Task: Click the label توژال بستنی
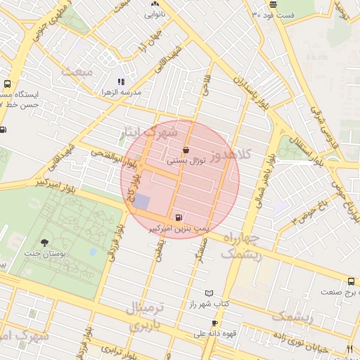(x=185, y=161)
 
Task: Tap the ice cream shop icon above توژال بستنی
(x=185, y=150)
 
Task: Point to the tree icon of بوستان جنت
(x=45, y=241)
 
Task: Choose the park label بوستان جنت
(x=44, y=252)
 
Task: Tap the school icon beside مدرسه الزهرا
(x=121, y=82)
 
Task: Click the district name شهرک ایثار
(x=149, y=131)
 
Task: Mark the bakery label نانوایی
(x=155, y=13)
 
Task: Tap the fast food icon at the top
(x=273, y=4)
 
